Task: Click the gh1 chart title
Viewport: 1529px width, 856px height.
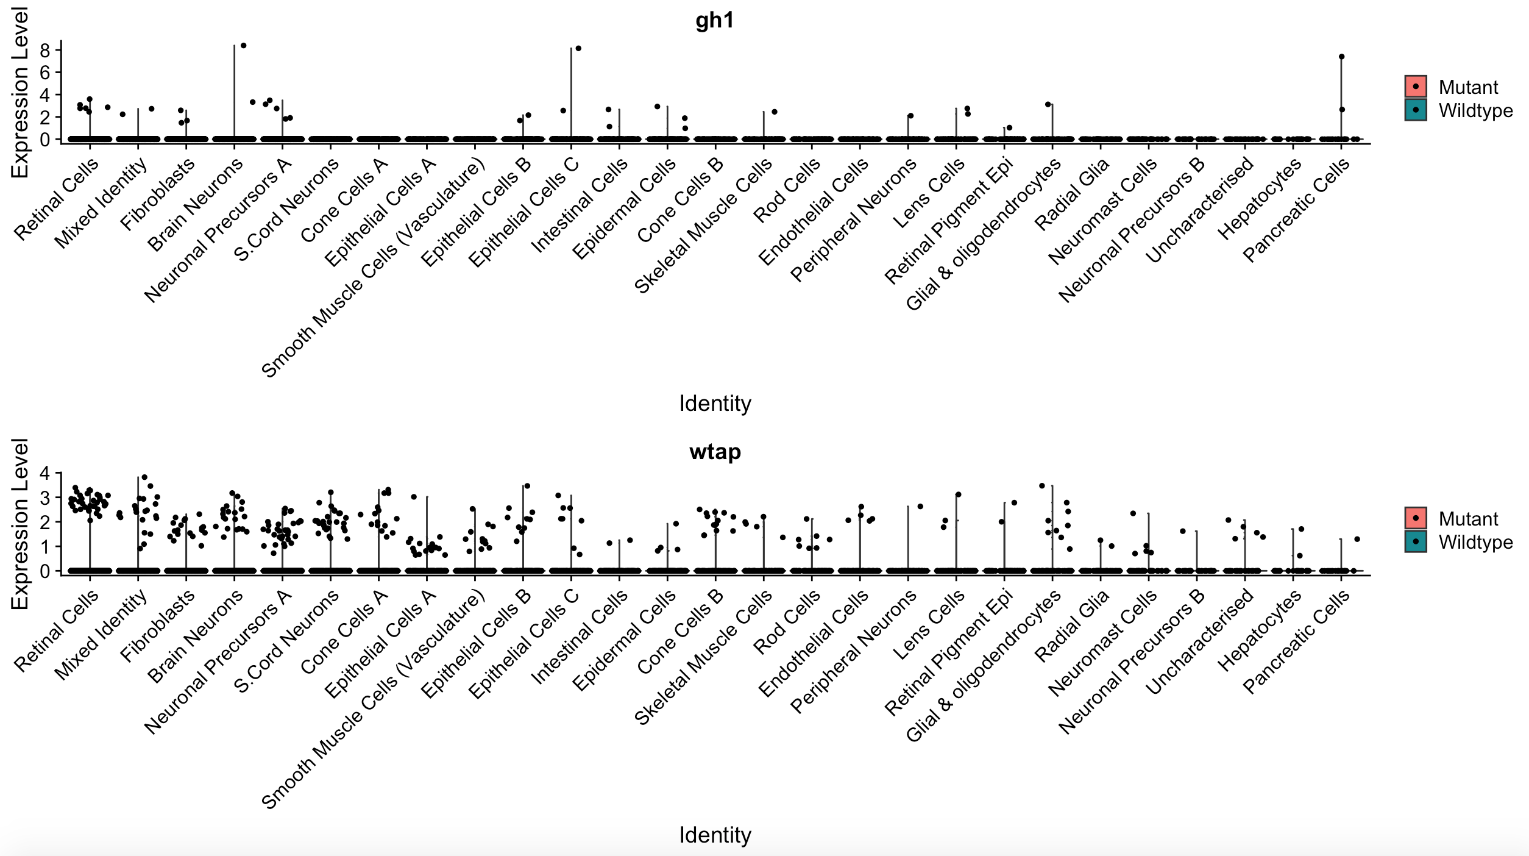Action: coord(714,21)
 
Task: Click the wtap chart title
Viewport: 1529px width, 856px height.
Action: coord(715,452)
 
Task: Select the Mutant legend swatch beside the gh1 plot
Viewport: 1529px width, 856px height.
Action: coord(1415,87)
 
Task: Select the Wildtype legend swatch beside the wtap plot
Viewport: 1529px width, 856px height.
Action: coord(1415,541)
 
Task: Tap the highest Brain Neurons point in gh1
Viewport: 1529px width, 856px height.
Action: coord(243,46)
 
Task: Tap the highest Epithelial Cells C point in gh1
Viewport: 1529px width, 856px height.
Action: coord(578,49)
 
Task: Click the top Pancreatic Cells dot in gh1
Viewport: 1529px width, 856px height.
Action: coord(1341,57)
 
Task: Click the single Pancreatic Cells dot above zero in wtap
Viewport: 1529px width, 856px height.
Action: coord(1357,539)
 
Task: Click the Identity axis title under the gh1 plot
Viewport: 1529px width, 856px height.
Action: coord(715,404)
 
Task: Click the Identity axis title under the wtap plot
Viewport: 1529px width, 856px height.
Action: coord(715,835)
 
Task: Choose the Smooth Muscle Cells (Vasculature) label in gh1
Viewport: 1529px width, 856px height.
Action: coord(373,268)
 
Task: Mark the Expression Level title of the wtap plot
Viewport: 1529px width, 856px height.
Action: coord(20,524)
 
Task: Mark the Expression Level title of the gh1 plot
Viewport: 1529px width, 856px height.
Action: coord(20,93)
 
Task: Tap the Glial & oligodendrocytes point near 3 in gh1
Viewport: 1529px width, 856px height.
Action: coord(1048,105)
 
